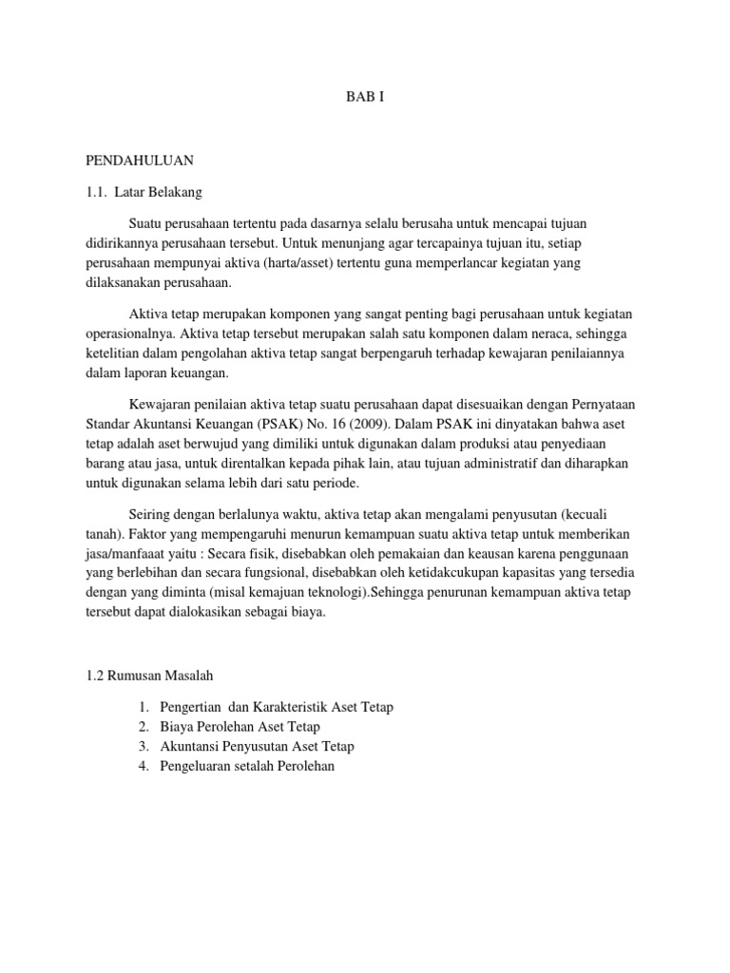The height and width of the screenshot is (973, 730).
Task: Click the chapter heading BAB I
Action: point(364,97)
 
